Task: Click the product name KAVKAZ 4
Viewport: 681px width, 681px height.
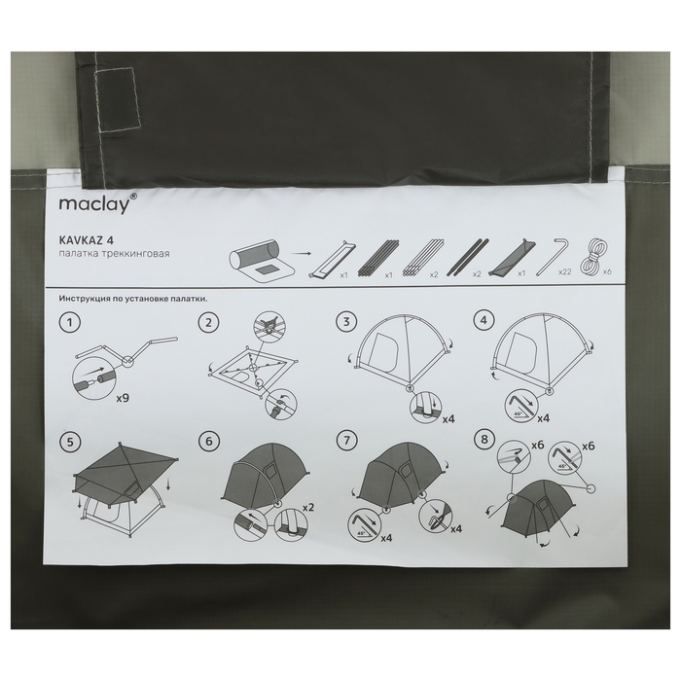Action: pos(87,240)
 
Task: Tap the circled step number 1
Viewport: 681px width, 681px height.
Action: pos(69,323)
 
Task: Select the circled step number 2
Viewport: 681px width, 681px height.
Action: pos(208,323)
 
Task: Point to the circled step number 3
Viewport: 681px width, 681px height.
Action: pos(346,322)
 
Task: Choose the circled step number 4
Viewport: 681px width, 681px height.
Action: pos(484,321)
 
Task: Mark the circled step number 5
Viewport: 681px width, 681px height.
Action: pos(70,442)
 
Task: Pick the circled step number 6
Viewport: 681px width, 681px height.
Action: pos(209,442)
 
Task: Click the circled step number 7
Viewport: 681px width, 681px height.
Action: pos(347,441)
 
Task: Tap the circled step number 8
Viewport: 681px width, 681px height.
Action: pos(484,440)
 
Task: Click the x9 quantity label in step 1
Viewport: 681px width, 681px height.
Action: pos(123,398)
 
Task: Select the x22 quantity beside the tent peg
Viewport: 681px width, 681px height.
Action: pos(564,272)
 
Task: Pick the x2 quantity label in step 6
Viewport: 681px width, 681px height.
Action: pos(308,507)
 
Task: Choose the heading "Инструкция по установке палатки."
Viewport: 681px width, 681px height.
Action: pos(133,299)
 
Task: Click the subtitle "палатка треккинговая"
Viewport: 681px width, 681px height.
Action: pos(114,254)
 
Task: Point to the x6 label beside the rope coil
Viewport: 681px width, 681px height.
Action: pos(607,271)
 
